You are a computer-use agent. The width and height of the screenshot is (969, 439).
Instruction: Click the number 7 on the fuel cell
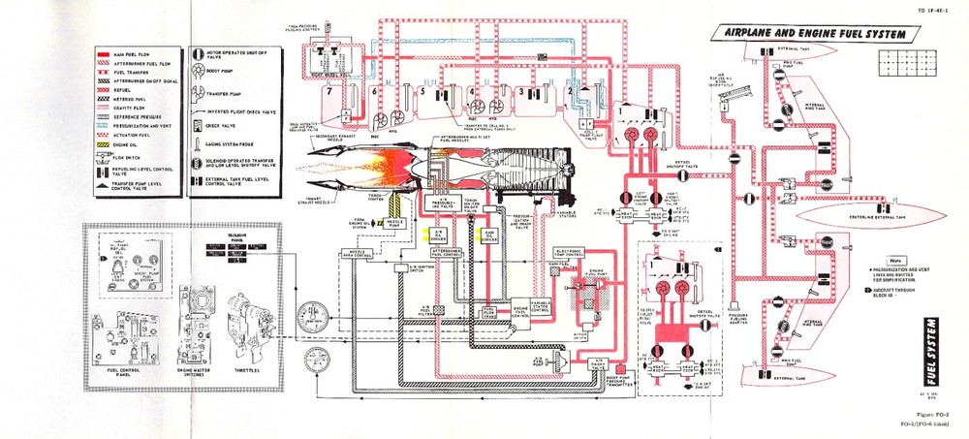(x=329, y=92)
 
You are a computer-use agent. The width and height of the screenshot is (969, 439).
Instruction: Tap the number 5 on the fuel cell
(x=422, y=92)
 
